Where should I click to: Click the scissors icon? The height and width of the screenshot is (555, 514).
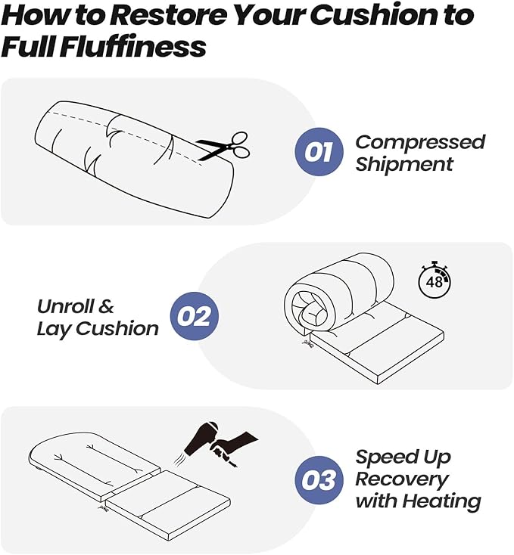[x=223, y=146]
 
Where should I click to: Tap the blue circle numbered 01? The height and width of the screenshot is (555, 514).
[x=319, y=151]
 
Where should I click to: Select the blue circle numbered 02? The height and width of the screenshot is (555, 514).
[x=195, y=316]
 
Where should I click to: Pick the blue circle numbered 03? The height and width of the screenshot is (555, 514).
[x=319, y=480]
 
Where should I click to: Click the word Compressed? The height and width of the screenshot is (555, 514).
[x=420, y=143]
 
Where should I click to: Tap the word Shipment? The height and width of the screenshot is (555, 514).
[x=404, y=164]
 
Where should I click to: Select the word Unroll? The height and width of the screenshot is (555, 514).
[x=65, y=306]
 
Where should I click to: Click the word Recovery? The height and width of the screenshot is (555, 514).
[x=402, y=480]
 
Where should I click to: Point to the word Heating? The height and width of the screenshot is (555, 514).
[x=442, y=501]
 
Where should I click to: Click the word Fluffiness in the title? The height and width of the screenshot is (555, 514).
[x=132, y=47]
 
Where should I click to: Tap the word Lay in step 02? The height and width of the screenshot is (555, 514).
[x=55, y=329]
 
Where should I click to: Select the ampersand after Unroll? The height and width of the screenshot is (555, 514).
[x=105, y=306]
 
